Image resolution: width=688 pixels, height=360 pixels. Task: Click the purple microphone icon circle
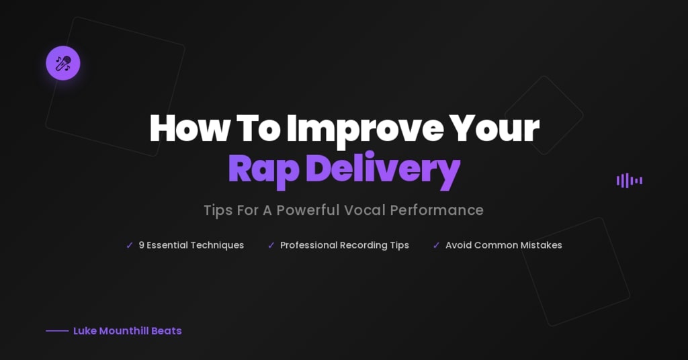pos(63,63)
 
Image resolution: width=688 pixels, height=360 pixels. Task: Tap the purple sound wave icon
pos(630,180)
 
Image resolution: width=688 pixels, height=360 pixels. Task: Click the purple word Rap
pos(263,169)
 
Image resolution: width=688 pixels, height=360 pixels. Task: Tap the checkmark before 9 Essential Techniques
pos(130,246)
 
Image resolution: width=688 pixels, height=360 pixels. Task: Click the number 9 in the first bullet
pos(142,245)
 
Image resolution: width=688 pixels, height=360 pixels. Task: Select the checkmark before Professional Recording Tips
pos(271,246)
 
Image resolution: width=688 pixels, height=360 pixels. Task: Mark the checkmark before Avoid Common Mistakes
pos(436,246)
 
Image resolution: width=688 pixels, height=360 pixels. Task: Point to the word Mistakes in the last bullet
pos(539,245)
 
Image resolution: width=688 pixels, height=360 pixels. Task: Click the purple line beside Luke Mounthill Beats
pos(57,331)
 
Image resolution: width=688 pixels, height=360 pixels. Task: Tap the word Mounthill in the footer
pos(122,331)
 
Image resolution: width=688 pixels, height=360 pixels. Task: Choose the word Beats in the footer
pos(167,331)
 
